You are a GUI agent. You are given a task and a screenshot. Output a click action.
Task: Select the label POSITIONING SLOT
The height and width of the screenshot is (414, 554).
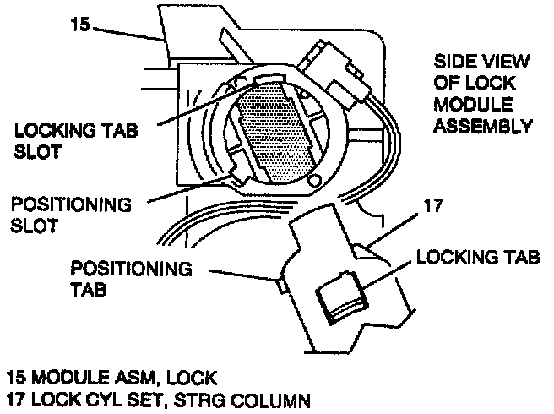[x=69, y=216]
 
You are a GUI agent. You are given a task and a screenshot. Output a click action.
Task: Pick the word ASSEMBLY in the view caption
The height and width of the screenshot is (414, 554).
[x=482, y=127]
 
